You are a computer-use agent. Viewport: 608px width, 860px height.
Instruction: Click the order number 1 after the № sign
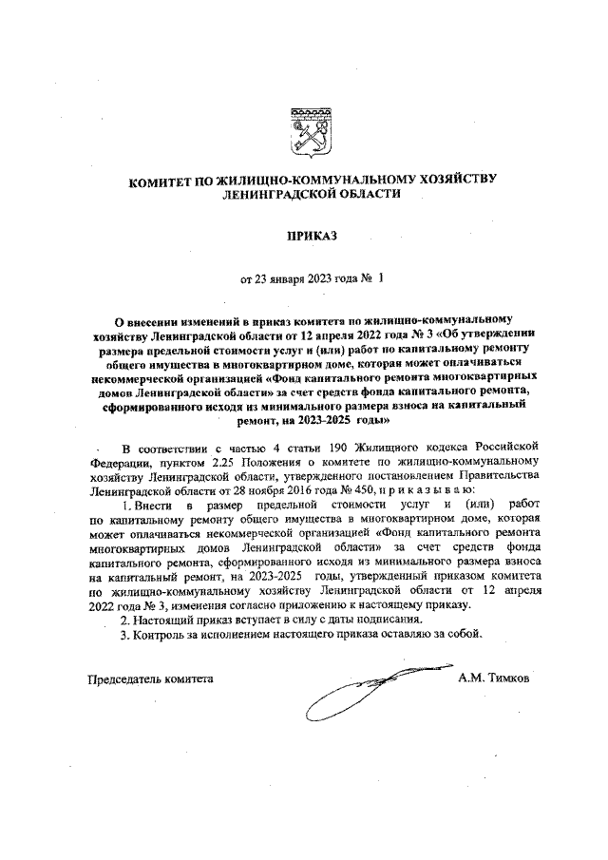381,280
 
